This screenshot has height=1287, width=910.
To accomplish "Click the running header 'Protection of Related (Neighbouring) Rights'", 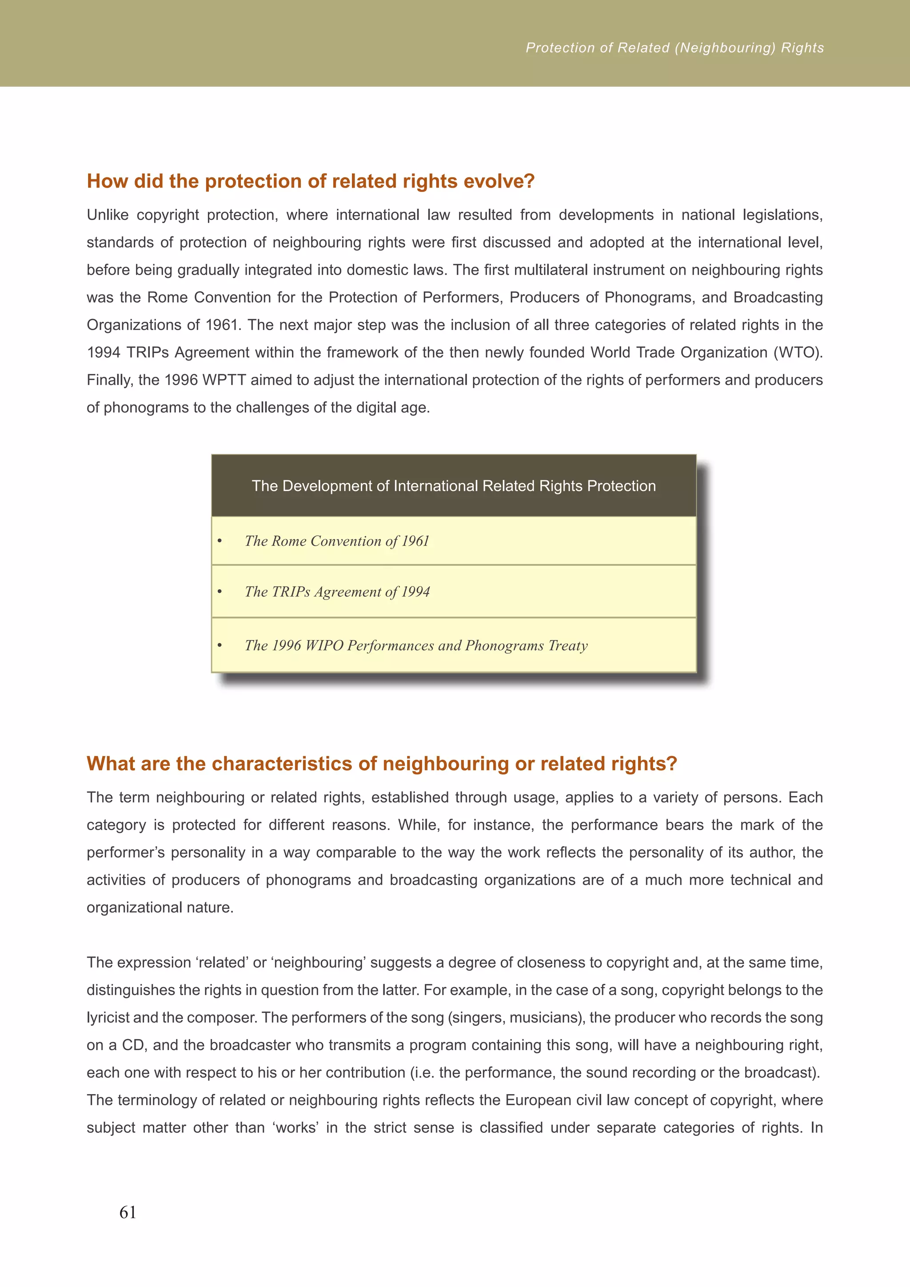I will [x=675, y=48].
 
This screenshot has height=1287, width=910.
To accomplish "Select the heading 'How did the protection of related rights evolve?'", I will [x=311, y=181].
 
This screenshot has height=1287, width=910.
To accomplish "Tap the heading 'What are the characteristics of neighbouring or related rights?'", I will [x=382, y=763].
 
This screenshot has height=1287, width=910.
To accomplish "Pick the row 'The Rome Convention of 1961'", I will [x=337, y=541].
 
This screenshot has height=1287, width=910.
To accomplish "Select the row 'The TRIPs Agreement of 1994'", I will [x=337, y=592].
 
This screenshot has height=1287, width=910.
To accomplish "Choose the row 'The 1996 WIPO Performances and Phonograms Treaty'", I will [x=416, y=645].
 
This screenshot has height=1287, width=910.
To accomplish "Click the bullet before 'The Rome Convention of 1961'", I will [x=220, y=541].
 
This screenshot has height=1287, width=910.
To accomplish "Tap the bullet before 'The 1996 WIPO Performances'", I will [x=220, y=646].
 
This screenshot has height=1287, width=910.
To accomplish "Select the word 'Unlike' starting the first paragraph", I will [x=108, y=215].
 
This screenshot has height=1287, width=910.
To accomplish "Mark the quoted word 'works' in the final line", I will [x=296, y=1127].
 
